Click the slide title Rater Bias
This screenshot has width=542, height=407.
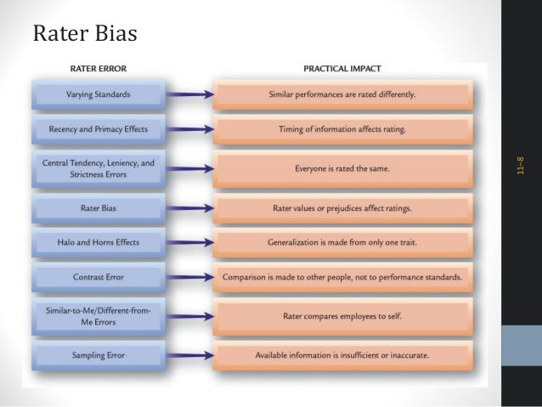85,34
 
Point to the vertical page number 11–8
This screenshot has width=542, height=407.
520,166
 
